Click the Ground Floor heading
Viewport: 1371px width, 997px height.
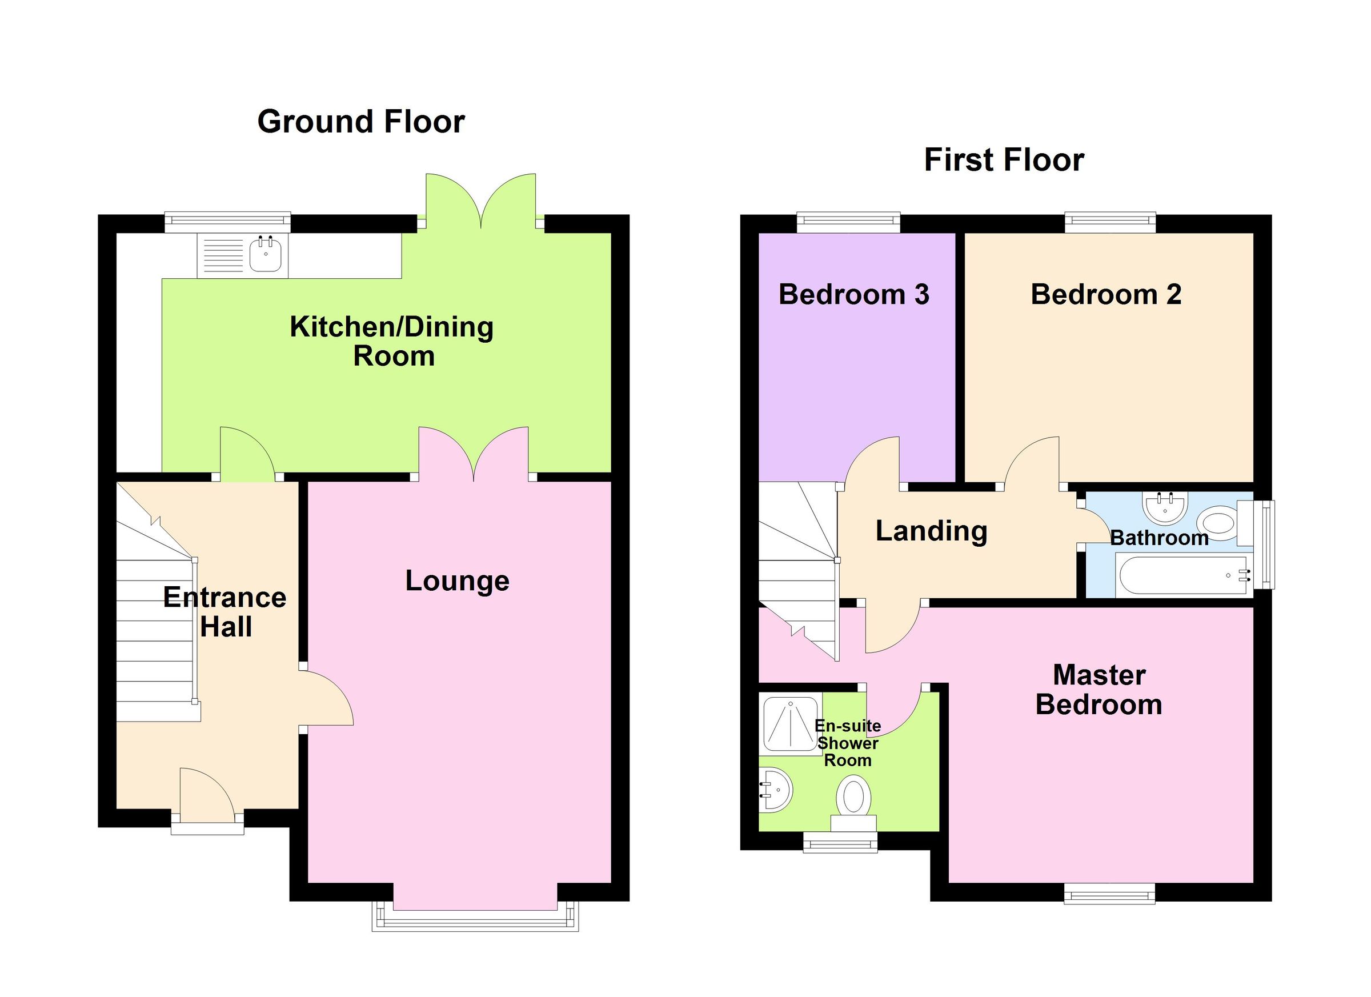pos(361,122)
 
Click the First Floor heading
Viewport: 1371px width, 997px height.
pos(1004,160)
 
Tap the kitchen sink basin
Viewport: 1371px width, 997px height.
pos(266,255)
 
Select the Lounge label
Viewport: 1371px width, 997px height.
pos(457,581)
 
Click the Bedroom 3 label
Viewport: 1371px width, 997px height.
pos(853,294)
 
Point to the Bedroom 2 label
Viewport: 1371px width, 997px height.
pos(1105,294)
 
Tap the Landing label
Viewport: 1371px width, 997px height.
pos(931,531)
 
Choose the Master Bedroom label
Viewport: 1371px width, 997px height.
pos(1099,690)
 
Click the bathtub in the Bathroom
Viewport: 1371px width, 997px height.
pos(1182,575)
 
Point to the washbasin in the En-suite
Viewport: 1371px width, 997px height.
pos(775,789)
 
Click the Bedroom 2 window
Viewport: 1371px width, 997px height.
pos(1110,222)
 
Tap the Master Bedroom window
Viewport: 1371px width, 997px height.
pos(1109,893)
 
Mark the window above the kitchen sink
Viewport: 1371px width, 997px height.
pos(228,222)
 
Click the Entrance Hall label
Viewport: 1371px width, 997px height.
pos(225,612)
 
